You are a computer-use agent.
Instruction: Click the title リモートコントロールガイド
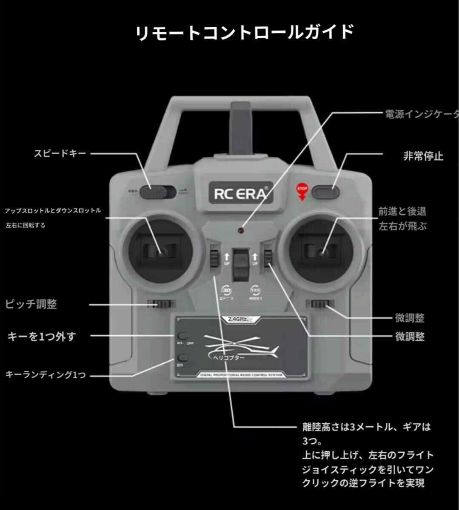click(x=245, y=33)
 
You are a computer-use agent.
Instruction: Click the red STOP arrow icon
click(x=302, y=191)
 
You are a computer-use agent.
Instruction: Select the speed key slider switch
click(x=157, y=193)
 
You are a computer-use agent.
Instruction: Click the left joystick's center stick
click(x=162, y=252)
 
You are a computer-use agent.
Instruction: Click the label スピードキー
click(x=60, y=153)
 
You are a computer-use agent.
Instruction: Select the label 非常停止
click(x=423, y=156)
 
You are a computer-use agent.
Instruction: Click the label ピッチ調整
click(x=31, y=304)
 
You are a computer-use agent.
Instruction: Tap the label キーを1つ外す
click(x=42, y=337)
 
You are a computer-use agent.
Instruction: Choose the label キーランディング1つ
click(x=46, y=374)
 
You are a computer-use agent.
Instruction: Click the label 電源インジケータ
click(x=421, y=114)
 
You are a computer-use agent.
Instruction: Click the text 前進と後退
click(x=402, y=211)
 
